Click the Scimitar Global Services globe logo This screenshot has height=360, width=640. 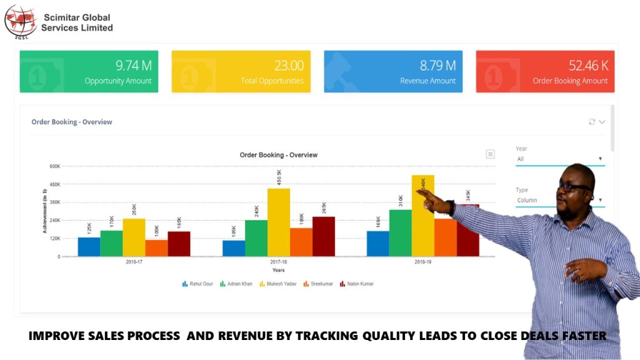pyautogui.click(x=21, y=21)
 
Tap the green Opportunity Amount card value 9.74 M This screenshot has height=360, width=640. pyautogui.click(x=134, y=66)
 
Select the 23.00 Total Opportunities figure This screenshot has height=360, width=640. pyautogui.click(x=289, y=66)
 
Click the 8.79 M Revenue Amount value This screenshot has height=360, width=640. pyautogui.click(x=437, y=66)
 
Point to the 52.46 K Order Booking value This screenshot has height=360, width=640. pyautogui.click(x=588, y=66)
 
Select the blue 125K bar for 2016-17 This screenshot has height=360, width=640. pyautogui.click(x=89, y=246)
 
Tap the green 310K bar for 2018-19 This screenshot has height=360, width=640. pyautogui.click(x=401, y=232)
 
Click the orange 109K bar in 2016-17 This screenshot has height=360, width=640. pyautogui.click(x=156, y=248)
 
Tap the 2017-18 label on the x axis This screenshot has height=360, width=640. pyautogui.click(x=279, y=262)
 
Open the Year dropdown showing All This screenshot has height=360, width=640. pyautogui.click(x=560, y=159)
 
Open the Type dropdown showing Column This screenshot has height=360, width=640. pyautogui.click(x=560, y=201)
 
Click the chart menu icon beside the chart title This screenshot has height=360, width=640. pyautogui.click(x=491, y=154)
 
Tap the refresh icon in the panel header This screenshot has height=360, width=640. pyautogui.click(x=592, y=122)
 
